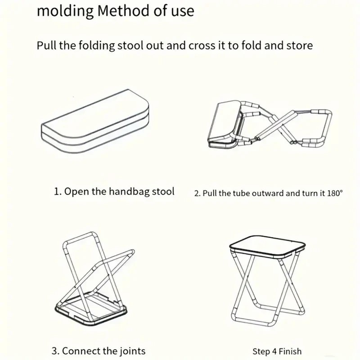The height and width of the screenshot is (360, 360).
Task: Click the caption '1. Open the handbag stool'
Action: pyautogui.click(x=114, y=191)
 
